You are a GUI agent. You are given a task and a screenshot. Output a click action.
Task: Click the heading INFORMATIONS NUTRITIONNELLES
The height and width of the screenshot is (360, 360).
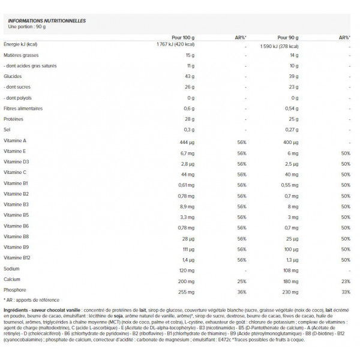click(46, 21)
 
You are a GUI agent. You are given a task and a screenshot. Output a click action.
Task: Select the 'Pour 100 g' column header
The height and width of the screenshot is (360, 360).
click(182, 37)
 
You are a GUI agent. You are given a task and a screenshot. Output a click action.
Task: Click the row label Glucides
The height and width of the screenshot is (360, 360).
click(13, 76)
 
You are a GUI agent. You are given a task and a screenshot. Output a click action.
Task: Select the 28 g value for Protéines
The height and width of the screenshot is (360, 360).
click(188, 119)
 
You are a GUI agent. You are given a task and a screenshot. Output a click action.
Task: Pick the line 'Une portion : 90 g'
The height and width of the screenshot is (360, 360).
click(26, 26)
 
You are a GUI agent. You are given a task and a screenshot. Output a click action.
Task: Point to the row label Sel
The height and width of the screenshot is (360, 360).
click(7, 129)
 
